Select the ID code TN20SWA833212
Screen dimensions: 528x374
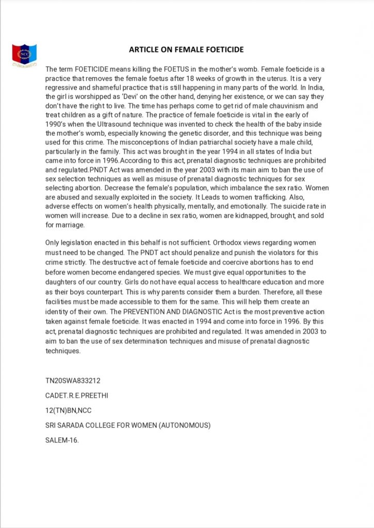(73, 381)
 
